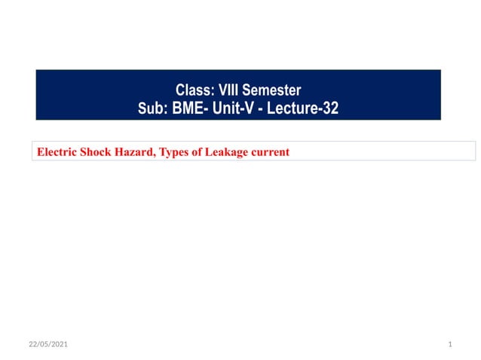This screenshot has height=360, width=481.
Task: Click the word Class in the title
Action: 192,91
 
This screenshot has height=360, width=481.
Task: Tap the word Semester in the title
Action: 272,91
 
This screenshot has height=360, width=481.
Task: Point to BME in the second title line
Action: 188,108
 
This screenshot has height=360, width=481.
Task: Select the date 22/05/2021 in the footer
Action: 48,344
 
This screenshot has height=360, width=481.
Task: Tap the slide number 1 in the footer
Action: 449,344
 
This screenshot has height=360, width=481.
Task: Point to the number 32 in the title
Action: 330,108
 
